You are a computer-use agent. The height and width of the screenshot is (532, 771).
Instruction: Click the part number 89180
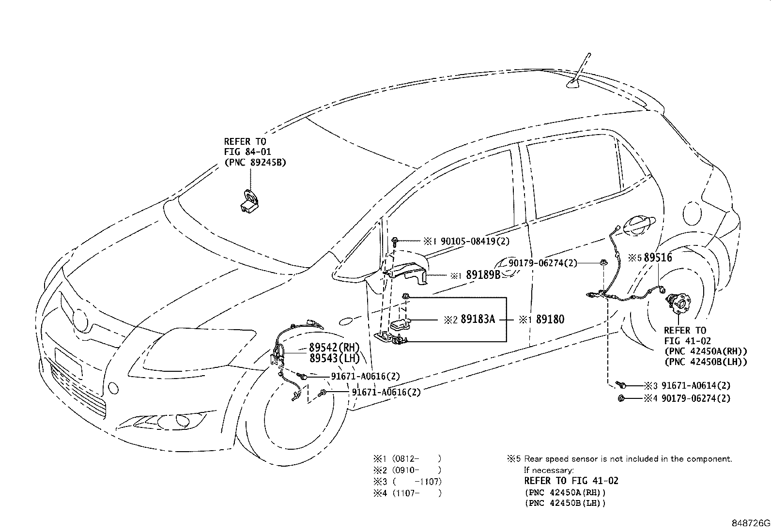click(x=550, y=319)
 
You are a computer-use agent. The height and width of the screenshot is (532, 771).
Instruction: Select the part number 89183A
click(x=478, y=319)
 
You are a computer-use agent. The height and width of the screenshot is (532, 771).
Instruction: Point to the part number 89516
click(x=658, y=258)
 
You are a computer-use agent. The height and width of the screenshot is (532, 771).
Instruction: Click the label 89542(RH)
click(x=334, y=347)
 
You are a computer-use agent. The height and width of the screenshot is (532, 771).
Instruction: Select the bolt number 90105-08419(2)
click(x=475, y=241)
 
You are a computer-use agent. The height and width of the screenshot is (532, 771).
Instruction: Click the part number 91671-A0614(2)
click(x=696, y=385)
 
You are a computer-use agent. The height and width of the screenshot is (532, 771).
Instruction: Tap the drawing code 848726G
click(x=751, y=523)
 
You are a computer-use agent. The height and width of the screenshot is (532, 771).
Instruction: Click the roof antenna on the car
click(x=580, y=72)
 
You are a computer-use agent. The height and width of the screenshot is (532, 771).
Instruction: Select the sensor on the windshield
click(x=249, y=201)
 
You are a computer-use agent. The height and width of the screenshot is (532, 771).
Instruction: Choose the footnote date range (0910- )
click(x=416, y=470)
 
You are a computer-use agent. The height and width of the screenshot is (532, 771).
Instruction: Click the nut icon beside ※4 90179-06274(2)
click(x=621, y=398)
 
